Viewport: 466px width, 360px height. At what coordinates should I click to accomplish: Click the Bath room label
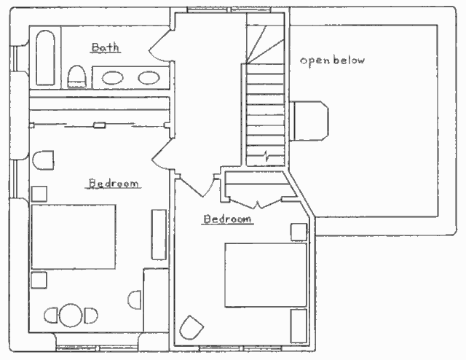[105, 47]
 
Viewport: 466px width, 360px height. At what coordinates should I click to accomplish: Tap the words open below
[332, 60]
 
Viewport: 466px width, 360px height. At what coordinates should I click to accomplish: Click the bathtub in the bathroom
[45, 58]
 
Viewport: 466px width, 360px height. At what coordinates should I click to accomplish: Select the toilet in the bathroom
[77, 77]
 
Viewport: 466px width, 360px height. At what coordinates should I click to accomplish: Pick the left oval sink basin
[113, 78]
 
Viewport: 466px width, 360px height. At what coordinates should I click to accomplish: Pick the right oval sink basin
[149, 78]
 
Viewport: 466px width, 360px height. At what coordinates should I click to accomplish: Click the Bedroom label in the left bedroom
[114, 183]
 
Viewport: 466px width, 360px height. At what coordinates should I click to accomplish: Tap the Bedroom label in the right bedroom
[227, 219]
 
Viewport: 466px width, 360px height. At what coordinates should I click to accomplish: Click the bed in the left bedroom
[74, 237]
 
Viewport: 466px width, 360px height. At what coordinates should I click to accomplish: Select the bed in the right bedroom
[266, 275]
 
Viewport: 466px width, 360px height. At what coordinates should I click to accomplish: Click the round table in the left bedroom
[71, 315]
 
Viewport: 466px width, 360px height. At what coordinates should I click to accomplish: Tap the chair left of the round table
[51, 316]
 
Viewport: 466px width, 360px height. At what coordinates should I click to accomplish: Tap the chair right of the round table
[91, 316]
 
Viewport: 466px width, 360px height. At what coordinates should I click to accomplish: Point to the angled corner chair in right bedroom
[191, 327]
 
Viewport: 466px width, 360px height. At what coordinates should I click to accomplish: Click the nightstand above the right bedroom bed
[299, 232]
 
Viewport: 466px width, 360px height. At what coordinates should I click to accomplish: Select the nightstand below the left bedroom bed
[39, 280]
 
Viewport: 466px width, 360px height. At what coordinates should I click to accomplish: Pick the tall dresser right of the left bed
[159, 235]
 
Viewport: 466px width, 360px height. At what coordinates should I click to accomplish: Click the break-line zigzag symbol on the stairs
[266, 156]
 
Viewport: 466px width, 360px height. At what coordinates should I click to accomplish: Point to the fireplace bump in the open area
[309, 120]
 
